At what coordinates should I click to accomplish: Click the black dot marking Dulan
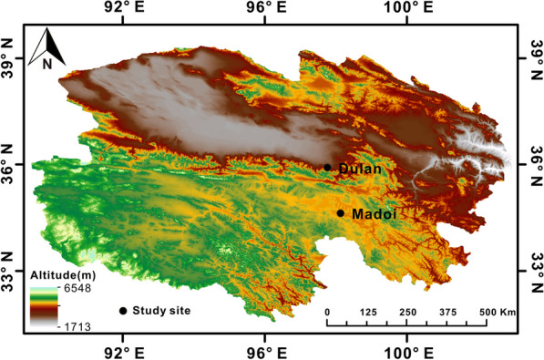point(327,167)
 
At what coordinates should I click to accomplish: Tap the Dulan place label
point(357,169)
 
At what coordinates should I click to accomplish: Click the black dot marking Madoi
point(341,213)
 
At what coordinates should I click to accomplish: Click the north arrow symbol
point(46,42)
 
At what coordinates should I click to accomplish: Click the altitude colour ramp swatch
point(43,307)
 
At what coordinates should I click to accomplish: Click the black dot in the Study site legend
point(123,311)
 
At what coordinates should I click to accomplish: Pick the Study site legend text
point(161,311)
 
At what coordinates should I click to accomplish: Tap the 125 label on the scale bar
point(368,312)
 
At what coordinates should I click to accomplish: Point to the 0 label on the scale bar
point(327,312)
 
